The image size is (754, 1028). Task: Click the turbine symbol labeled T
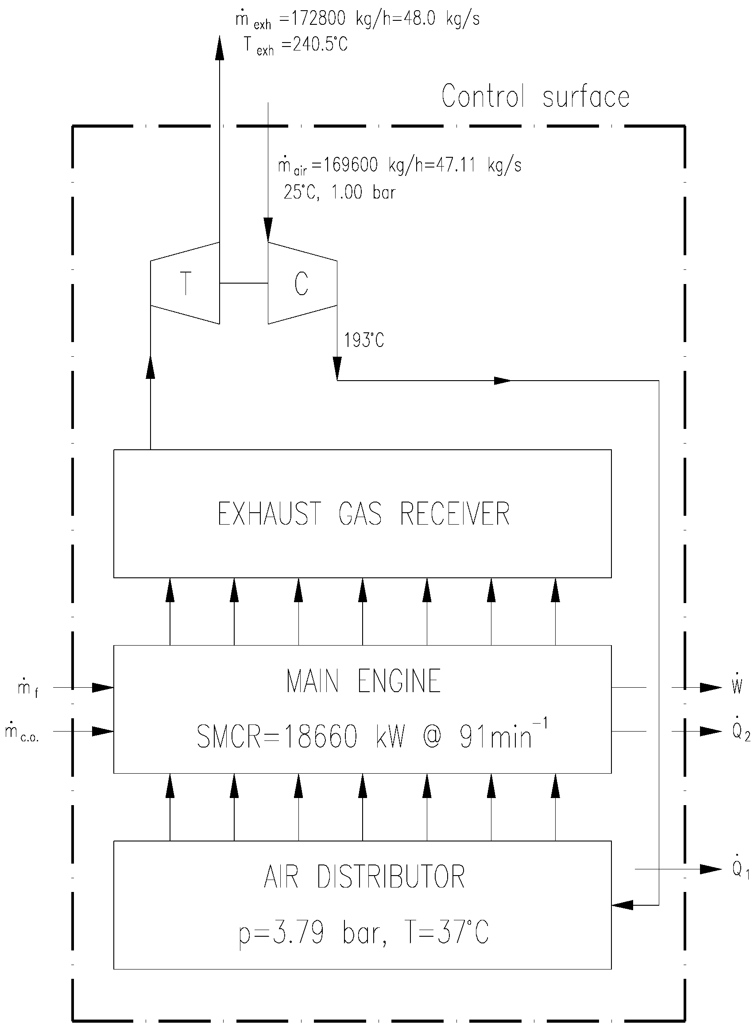coord(185,283)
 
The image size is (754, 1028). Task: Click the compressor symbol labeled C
coord(302,283)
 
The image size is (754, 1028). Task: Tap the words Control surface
coord(535,97)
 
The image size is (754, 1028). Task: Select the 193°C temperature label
coord(364,340)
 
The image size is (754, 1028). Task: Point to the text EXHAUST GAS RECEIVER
coord(363,514)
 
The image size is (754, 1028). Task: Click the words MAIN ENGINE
coord(363,681)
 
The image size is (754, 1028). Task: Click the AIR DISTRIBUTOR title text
coord(364,877)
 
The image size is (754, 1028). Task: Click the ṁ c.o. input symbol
coord(21,732)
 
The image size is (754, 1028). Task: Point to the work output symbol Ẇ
coord(737,686)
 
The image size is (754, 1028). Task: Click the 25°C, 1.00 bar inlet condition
coord(339,192)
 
